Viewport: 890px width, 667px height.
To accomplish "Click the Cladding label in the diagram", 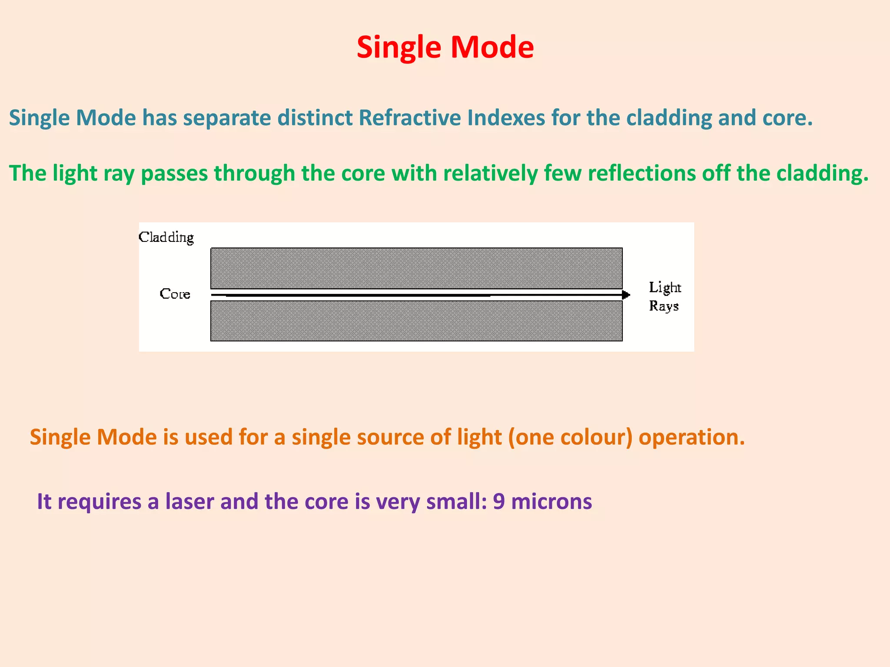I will [166, 237].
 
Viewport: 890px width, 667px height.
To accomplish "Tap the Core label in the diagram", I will [175, 294].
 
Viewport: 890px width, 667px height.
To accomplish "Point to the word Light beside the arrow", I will [664, 287].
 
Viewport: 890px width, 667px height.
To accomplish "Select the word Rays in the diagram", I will [664, 306].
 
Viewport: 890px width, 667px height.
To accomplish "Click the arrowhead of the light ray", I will [626, 295].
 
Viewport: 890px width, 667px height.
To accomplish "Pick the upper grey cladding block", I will [416, 268].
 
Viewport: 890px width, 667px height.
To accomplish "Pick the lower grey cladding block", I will [416, 321].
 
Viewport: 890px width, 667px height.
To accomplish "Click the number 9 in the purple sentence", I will [499, 502].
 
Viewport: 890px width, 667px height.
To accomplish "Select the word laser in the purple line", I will [189, 502].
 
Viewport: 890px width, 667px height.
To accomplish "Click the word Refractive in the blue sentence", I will [409, 118].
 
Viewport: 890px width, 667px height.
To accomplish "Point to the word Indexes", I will [506, 118].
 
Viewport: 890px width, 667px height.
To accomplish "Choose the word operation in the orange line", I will [691, 437].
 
